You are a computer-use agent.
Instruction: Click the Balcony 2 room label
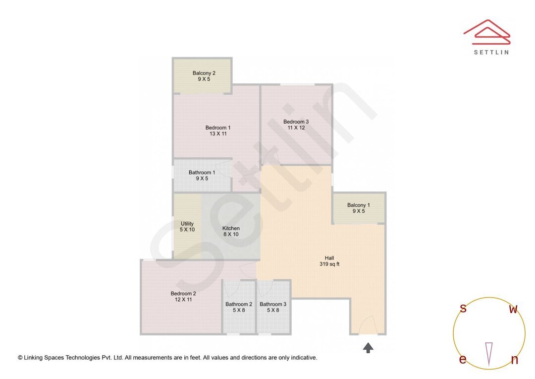pos(204,73)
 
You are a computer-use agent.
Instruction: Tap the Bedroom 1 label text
pos(218,128)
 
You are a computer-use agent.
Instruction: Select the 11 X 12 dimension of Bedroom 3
pos(296,128)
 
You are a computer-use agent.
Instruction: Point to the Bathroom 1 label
pos(202,173)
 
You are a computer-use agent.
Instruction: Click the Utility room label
pos(187,224)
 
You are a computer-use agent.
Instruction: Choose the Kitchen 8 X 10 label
pos(231,231)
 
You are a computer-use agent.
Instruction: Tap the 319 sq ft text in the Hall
pos(329,264)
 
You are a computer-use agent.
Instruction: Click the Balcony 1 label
pos(358,205)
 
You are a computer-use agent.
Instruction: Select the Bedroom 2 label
pos(183,293)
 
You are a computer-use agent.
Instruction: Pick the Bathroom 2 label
pos(239,304)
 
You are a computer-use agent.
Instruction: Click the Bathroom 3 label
pos(273,304)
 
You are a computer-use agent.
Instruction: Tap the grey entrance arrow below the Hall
pos(368,348)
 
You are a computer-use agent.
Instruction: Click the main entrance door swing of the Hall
pos(368,325)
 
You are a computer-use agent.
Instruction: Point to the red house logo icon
pos(486,31)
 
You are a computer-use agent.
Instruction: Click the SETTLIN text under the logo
pos(491,52)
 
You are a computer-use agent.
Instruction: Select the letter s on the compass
pos(463,309)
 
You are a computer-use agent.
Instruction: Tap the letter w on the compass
pos(513,310)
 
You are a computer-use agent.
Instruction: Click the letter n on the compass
pos(514,360)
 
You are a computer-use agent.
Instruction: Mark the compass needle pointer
pos(489,354)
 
